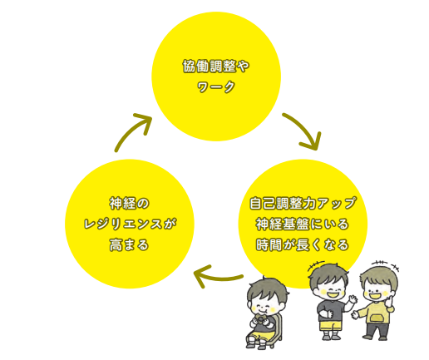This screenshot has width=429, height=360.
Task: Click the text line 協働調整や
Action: pyautogui.click(x=216, y=67)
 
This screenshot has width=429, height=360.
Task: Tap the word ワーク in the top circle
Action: pyautogui.click(x=216, y=86)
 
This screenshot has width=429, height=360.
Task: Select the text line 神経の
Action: pyautogui.click(x=130, y=204)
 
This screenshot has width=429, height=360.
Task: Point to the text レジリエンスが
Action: pyautogui.click(x=130, y=224)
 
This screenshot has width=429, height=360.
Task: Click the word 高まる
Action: pyautogui.click(x=130, y=244)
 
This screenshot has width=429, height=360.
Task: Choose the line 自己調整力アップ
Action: pyautogui.click(x=303, y=203)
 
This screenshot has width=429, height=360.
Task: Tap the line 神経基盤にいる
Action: pyautogui.click(x=303, y=224)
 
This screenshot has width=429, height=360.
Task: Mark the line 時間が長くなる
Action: pyautogui.click(x=303, y=244)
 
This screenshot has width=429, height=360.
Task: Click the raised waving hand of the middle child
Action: pyautogui.click(x=352, y=299)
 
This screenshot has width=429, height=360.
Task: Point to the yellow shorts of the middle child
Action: pyautogui.click(x=330, y=325)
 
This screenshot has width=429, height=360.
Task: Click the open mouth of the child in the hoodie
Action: pyautogui.click(x=376, y=296)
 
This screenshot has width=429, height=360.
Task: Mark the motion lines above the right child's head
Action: pyautogui.click(x=386, y=264)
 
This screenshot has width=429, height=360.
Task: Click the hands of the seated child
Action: pyautogui.click(x=260, y=322)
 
